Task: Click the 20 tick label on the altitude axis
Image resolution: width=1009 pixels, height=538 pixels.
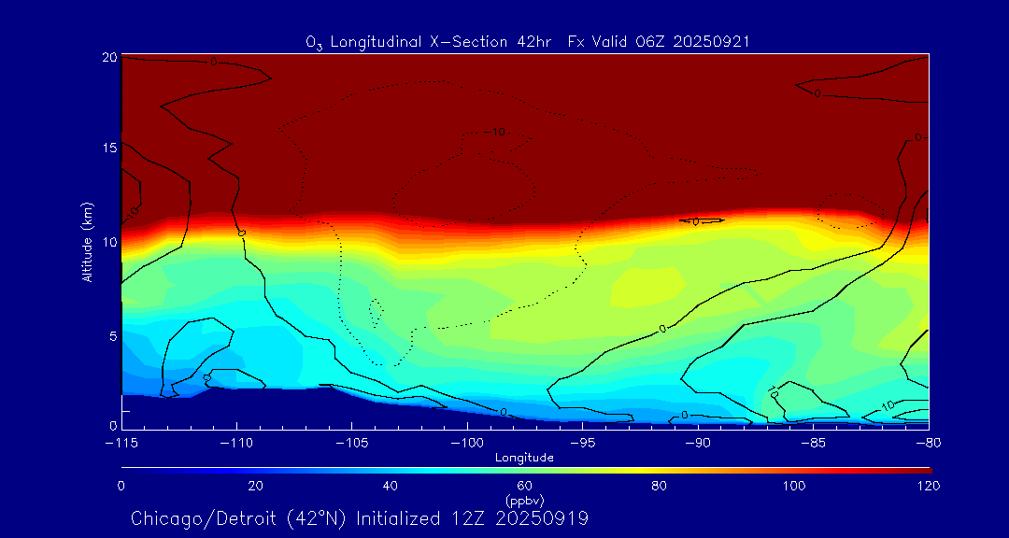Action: (108, 58)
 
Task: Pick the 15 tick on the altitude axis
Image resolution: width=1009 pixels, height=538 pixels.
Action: (108, 149)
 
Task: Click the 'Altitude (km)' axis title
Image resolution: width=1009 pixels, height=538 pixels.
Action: (87, 242)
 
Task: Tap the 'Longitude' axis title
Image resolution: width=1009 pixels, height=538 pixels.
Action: (524, 458)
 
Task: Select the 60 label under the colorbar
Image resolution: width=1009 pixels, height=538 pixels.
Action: (524, 486)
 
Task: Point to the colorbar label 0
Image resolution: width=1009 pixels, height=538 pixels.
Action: (121, 486)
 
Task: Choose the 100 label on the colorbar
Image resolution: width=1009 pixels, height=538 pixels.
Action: (793, 486)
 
